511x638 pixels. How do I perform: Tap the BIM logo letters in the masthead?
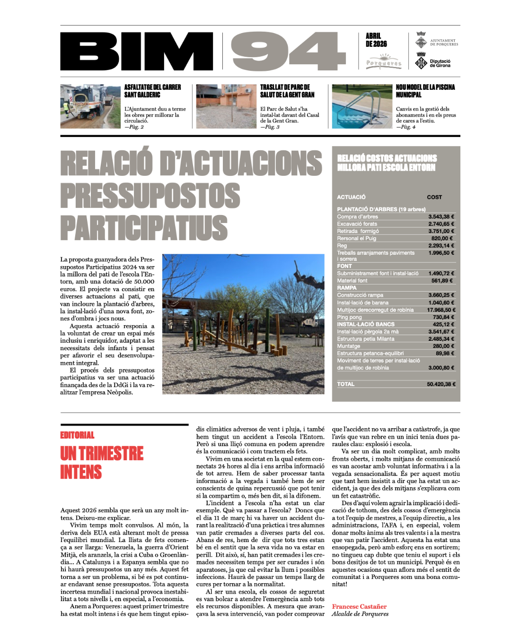point(137,52)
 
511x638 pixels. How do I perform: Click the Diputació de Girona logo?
point(433,63)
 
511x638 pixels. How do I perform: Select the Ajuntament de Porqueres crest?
point(421,40)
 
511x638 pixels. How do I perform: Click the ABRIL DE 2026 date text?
point(376,40)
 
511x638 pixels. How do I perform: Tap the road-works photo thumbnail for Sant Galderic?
point(90,106)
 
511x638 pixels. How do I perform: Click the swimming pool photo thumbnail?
point(362,106)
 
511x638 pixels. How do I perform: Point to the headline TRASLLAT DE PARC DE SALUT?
point(287,91)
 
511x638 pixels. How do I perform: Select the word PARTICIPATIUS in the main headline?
point(144,227)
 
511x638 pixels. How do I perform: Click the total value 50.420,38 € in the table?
point(441,384)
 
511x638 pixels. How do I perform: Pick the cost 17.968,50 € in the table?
point(441,310)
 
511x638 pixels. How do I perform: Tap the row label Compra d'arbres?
point(357,217)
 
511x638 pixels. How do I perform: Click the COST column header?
point(434,197)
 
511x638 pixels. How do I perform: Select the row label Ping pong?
point(349,317)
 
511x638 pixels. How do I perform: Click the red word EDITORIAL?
point(77,435)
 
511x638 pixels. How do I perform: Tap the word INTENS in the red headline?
point(81,472)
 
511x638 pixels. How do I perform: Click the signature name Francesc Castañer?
point(359,606)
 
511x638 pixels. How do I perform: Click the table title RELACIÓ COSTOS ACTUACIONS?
point(387,158)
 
